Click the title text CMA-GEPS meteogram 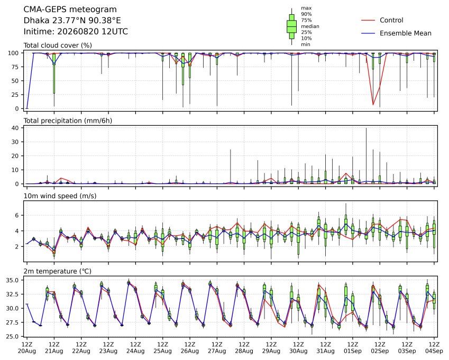click(x=70, y=10)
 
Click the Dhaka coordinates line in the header click(x=72, y=21)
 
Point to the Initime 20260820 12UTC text click(x=76, y=32)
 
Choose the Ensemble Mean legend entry click(x=396, y=33)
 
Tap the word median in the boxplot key click(x=310, y=26)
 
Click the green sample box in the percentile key click(x=291, y=26)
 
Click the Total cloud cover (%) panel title click(x=58, y=45)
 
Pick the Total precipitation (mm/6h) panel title click(x=68, y=121)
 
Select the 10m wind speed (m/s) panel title click(x=60, y=196)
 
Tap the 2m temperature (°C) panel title click(x=57, y=271)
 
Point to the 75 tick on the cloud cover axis click(x=15, y=67)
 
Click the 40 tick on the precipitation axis click(x=15, y=128)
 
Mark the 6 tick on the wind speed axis click(x=17, y=215)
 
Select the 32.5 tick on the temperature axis click(x=12, y=294)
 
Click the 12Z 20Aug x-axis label click(x=26, y=348)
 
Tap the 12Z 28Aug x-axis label click(x=244, y=348)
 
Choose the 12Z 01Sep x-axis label click(x=353, y=348)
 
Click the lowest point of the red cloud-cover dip click(x=373, y=105)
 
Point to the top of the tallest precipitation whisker click(x=366, y=128)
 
